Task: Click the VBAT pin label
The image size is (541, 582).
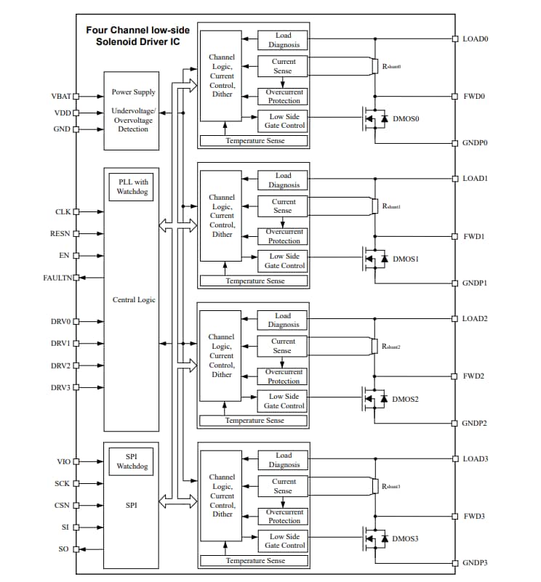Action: point(62,96)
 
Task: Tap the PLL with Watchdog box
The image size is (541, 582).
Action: point(132,187)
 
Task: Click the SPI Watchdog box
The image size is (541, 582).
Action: point(132,461)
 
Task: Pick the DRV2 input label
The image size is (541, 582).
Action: point(60,365)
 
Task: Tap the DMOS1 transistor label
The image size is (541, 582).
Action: point(406,259)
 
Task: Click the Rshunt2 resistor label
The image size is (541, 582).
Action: point(391,347)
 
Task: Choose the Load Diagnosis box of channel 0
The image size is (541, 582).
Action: point(283,40)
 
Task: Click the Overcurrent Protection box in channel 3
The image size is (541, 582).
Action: point(284,516)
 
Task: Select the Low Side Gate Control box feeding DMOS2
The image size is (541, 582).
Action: point(284,401)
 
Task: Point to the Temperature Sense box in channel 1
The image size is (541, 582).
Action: point(255,280)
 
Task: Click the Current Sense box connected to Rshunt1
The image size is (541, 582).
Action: point(283,206)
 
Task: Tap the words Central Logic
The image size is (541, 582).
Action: point(134,299)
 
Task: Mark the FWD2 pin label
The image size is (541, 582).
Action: point(474,376)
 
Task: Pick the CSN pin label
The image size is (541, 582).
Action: point(61,505)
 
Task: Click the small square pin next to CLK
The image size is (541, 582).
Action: point(76,212)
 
